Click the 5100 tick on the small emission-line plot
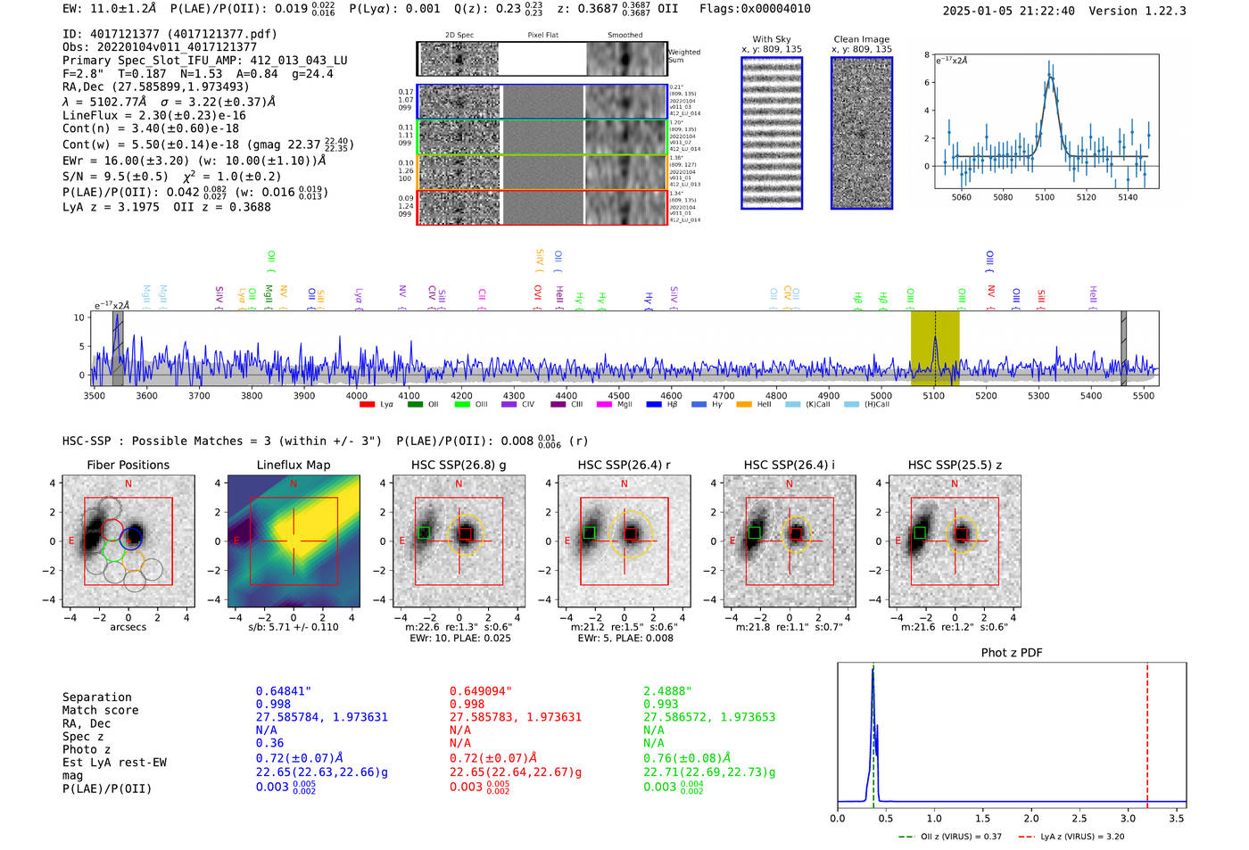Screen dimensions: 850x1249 1044,197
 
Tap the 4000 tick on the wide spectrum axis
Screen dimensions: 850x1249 357,395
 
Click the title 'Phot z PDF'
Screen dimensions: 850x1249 1011,653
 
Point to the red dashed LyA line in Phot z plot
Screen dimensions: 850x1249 1147,731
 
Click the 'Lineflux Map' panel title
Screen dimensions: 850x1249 293,465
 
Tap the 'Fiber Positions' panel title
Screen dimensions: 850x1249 128,465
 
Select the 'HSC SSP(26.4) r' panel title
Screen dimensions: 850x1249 624,465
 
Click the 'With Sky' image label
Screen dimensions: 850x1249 772,39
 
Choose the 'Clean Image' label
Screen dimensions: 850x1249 861,39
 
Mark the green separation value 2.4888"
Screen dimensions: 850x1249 667,691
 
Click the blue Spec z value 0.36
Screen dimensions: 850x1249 269,743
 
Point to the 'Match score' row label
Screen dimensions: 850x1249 100,710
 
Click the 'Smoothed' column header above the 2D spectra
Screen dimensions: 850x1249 624,36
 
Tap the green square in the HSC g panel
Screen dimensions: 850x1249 425,532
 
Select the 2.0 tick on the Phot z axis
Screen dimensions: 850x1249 1030,818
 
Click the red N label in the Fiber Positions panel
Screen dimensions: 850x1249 128,483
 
